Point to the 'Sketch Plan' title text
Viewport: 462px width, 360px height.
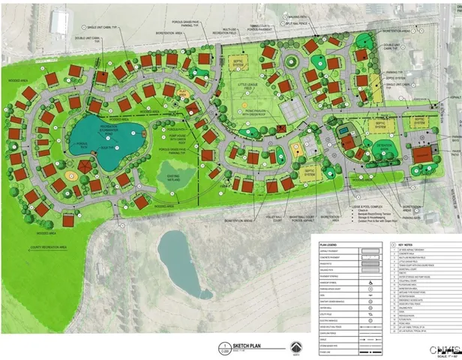[247, 346]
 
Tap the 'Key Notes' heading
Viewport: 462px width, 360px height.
[406, 244]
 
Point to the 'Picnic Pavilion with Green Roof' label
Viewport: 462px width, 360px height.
[254, 112]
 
